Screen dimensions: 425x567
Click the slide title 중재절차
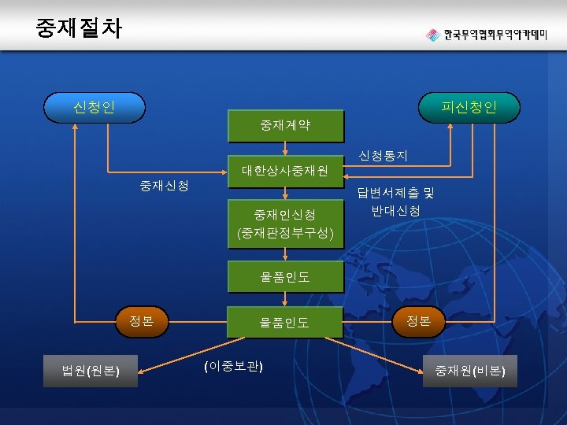pos(79,28)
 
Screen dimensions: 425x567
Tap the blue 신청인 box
pos(94,106)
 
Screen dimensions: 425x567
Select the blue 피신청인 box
pos(469,106)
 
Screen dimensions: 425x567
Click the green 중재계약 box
pos(285,124)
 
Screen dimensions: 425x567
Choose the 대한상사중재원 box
pos(285,170)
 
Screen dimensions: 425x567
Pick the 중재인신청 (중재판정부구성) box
pos(285,224)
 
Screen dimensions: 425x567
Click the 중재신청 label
pos(164,186)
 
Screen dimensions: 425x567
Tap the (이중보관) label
pos(233,367)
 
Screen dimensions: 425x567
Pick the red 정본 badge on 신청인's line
pos(142,320)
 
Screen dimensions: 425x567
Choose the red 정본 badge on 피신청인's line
pos(418,320)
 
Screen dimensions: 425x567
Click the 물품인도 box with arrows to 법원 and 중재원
pos(285,322)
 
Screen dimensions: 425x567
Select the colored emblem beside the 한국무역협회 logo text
pos(432,35)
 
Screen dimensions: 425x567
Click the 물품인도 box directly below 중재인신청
pos(285,277)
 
